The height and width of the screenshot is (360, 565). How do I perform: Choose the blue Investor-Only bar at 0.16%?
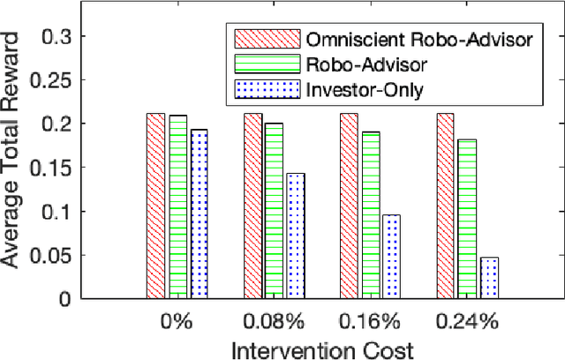(x=392, y=256)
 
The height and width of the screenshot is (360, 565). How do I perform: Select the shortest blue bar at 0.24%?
(x=488, y=277)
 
